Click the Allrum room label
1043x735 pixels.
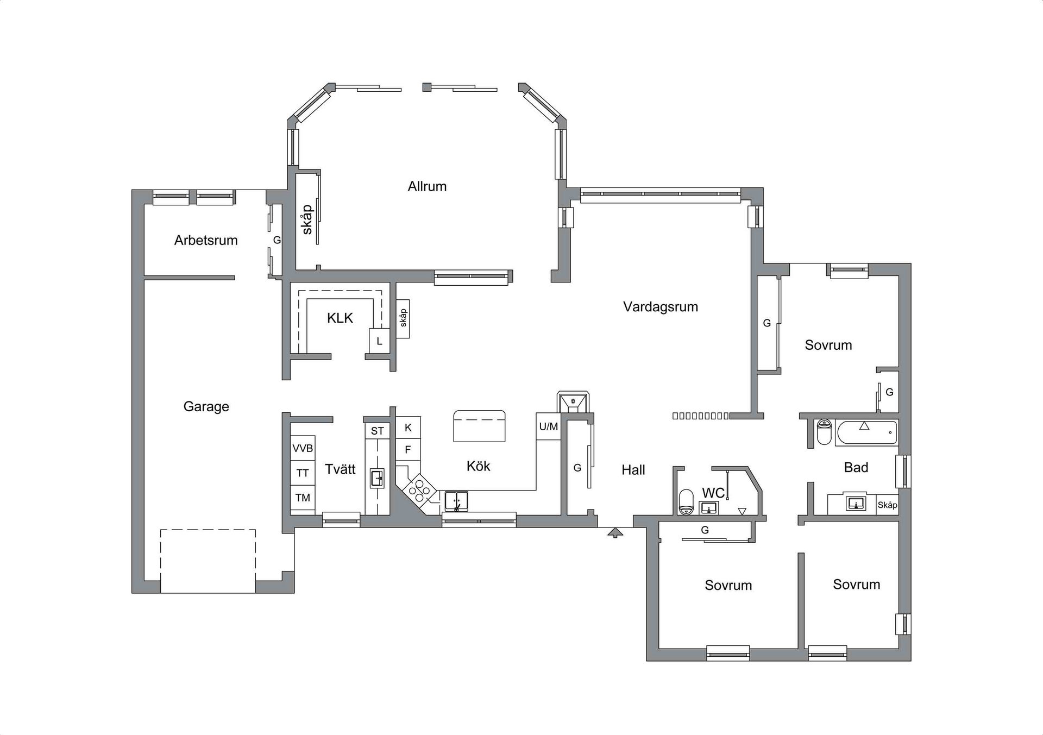427,186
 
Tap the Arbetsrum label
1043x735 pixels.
206,240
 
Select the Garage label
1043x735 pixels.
206,406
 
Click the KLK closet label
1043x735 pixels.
340,318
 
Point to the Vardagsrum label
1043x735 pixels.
661,307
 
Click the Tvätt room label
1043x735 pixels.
340,469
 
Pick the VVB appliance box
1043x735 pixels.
303,448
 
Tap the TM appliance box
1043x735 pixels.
303,497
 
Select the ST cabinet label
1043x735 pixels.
378,431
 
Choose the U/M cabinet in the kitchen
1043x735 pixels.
549,426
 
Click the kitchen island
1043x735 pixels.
479,426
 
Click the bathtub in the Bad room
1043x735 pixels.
867,433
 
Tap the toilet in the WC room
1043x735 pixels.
687,502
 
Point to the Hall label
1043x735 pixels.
633,470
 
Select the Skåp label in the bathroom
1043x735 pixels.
887,505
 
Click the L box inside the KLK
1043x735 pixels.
380,341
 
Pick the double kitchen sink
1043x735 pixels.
456,501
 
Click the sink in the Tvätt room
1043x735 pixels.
377,479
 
